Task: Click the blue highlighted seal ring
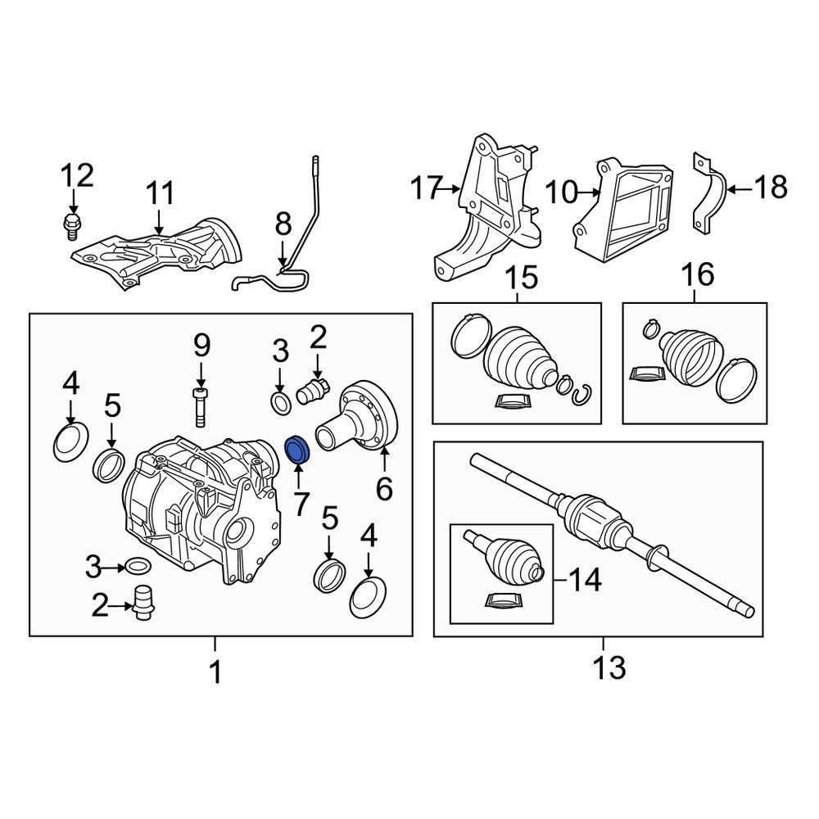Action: [x=296, y=450]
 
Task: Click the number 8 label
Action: [x=283, y=224]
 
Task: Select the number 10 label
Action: [x=561, y=193]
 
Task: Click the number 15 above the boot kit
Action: [x=522, y=278]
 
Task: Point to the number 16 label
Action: [x=699, y=274]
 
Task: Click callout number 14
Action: [x=584, y=580]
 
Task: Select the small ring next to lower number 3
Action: [x=137, y=565]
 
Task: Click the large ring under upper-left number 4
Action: [x=69, y=441]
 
